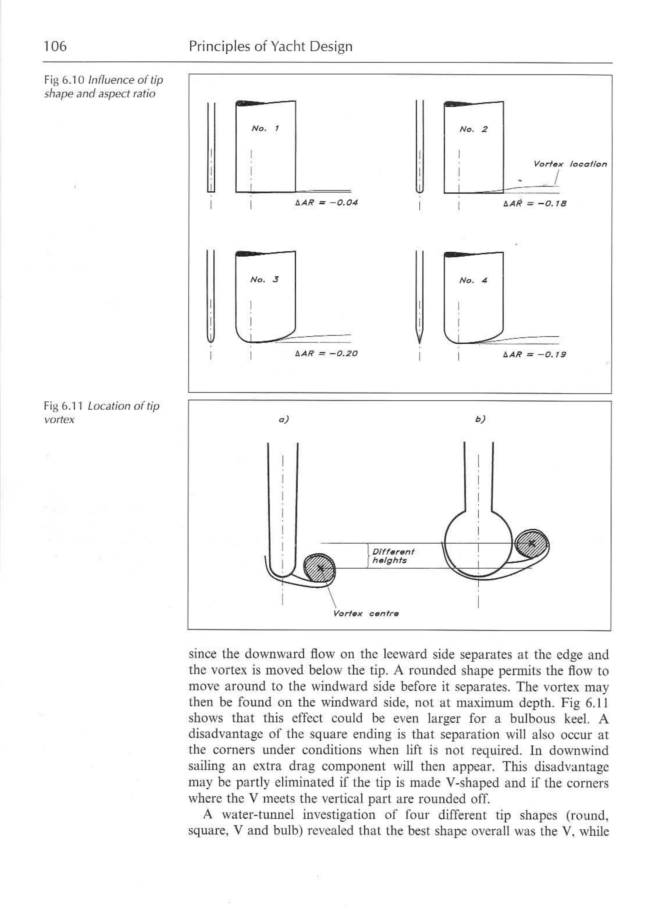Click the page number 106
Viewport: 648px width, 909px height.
click(x=55, y=47)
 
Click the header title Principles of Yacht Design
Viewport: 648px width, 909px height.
click(x=271, y=47)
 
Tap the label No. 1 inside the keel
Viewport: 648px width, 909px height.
click(x=265, y=128)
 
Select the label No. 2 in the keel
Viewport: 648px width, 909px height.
click(x=473, y=129)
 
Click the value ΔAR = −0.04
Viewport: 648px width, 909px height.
click(x=326, y=203)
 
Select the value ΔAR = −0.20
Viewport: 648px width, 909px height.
click(x=326, y=354)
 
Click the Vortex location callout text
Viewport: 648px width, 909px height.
click(x=570, y=164)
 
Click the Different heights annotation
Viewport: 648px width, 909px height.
click(x=393, y=556)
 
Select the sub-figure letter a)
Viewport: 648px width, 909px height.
click(x=283, y=419)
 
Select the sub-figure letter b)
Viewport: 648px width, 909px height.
click(x=480, y=419)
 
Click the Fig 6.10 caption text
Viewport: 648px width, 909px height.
click(x=103, y=87)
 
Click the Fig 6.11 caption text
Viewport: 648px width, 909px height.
click(x=101, y=413)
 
